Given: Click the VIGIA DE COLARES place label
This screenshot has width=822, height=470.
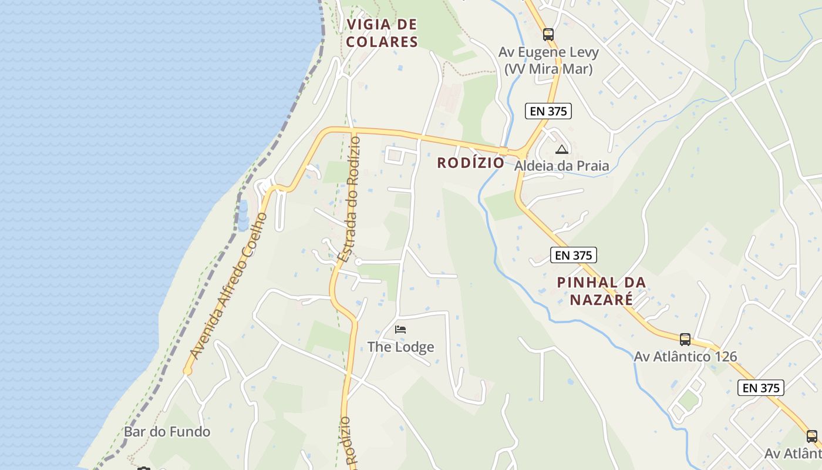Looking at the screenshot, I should pyautogui.click(x=382, y=33).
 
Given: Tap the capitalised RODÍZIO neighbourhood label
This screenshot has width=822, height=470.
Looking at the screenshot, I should pyautogui.click(x=470, y=163).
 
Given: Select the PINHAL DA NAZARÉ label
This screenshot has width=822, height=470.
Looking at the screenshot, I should pyautogui.click(x=601, y=291).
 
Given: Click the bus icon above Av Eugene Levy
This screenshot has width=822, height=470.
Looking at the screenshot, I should pyautogui.click(x=548, y=35).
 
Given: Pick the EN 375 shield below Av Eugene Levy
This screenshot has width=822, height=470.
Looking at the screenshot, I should pyautogui.click(x=548, y=110).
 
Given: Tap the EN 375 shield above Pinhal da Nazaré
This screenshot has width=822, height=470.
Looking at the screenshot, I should pyautogui.click(x=574, y=255).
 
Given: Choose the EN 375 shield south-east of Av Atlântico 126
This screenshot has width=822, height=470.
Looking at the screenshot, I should pyautogui.click(x=761, y=388).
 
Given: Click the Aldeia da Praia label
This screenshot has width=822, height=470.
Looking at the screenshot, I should pyautogui.click(x=562, y=166).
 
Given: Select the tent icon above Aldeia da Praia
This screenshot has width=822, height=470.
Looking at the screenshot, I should pyautogui.click(x=562, y=149).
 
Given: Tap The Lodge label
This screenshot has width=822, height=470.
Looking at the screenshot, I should pyautogui.click(x=401, y=347).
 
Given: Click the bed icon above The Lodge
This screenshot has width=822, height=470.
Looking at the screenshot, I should pyautogui.click(x=400, y=330).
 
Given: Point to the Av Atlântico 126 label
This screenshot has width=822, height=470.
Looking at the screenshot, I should pyautogui.click(x=685, y=357).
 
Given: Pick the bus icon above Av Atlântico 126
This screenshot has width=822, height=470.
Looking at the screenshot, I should pyautogui.click(x=685, y=339).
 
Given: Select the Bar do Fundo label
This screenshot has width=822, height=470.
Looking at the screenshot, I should pyautogui.click(x=167, y=432).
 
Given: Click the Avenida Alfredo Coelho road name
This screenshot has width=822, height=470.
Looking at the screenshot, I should pyautogui.click(x=229, y=286).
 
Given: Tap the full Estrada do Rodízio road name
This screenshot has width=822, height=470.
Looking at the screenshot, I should pyautogui.click(x=350, y=200).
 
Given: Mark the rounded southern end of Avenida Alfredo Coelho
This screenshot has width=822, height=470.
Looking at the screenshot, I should pyautogui.click(x=187, y=371).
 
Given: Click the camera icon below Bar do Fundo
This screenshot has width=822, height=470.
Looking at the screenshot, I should pyautogui.click(x=144, y=468).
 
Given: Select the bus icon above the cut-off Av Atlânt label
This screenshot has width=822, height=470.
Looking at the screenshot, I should pyautogui.click(x=811, y=437).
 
